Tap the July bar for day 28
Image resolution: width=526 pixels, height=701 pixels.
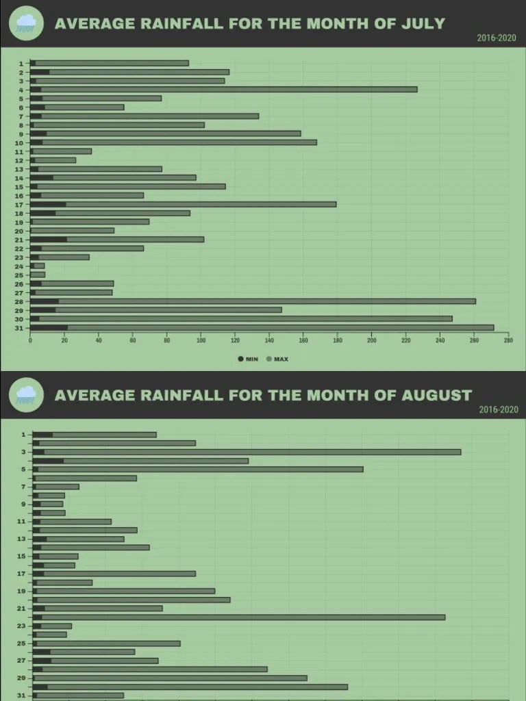pos(253,301)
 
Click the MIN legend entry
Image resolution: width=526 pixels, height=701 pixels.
pos(248,359)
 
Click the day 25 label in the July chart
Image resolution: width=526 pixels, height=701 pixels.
pos(21,275)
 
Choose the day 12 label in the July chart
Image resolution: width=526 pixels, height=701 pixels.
pos(21,160)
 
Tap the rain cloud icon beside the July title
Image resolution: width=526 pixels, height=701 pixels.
pos(26,23)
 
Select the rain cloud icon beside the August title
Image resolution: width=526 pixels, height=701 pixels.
pos(26,394)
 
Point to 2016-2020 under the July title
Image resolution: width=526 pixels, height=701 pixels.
pos(497,38)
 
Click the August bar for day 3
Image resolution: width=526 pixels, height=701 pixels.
pos(247,452)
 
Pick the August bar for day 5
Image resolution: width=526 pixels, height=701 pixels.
pos(198,469)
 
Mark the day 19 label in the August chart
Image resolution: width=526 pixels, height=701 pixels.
pos(21,591)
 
